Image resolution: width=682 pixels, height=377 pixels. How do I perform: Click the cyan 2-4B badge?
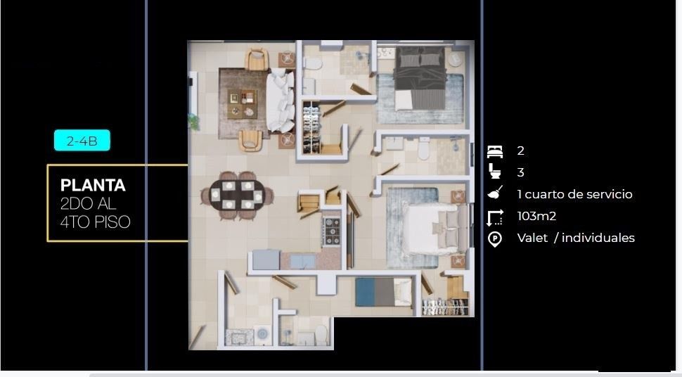[x=82, y=141]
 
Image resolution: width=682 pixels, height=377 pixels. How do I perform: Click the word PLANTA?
[x=93, y=186]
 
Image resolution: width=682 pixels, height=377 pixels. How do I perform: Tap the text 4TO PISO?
[x=95, y=222]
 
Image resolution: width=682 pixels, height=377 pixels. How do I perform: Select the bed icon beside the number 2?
[x=495, y=151]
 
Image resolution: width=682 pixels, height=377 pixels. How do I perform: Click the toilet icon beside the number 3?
[x=495, y=171]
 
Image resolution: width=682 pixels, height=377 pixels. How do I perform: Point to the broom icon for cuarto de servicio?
[x=495, y=193]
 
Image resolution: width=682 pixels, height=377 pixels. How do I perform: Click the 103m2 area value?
[x=536, y=216]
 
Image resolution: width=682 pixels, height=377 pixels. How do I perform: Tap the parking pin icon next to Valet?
[x=495, y=239]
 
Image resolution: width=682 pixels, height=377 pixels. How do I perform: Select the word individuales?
[x=598, y=238]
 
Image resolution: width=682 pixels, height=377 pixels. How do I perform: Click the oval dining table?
[x=237, y=195]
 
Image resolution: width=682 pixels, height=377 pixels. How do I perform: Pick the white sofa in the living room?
[x=280, y=101]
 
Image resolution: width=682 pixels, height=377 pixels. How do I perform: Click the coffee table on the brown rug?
[x=242, y=103]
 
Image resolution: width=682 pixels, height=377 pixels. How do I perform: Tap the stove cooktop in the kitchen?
[x=331, y=231]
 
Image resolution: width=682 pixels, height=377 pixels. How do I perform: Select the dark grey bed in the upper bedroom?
[x=420, y=78]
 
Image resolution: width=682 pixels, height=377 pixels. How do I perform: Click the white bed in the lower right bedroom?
[x=435, y=229]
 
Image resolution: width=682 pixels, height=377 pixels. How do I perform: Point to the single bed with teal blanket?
[x=383, y=292]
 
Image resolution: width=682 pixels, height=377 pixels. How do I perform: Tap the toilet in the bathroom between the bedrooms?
[x=424, y=149]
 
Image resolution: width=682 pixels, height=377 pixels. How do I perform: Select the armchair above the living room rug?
[x=257, y=59]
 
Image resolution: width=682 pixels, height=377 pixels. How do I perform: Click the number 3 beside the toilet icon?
[x=520, y=172]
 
